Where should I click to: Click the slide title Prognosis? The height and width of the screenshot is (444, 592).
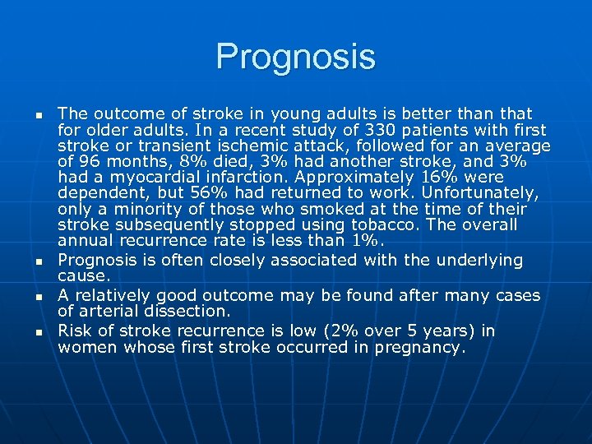pos(295,57)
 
